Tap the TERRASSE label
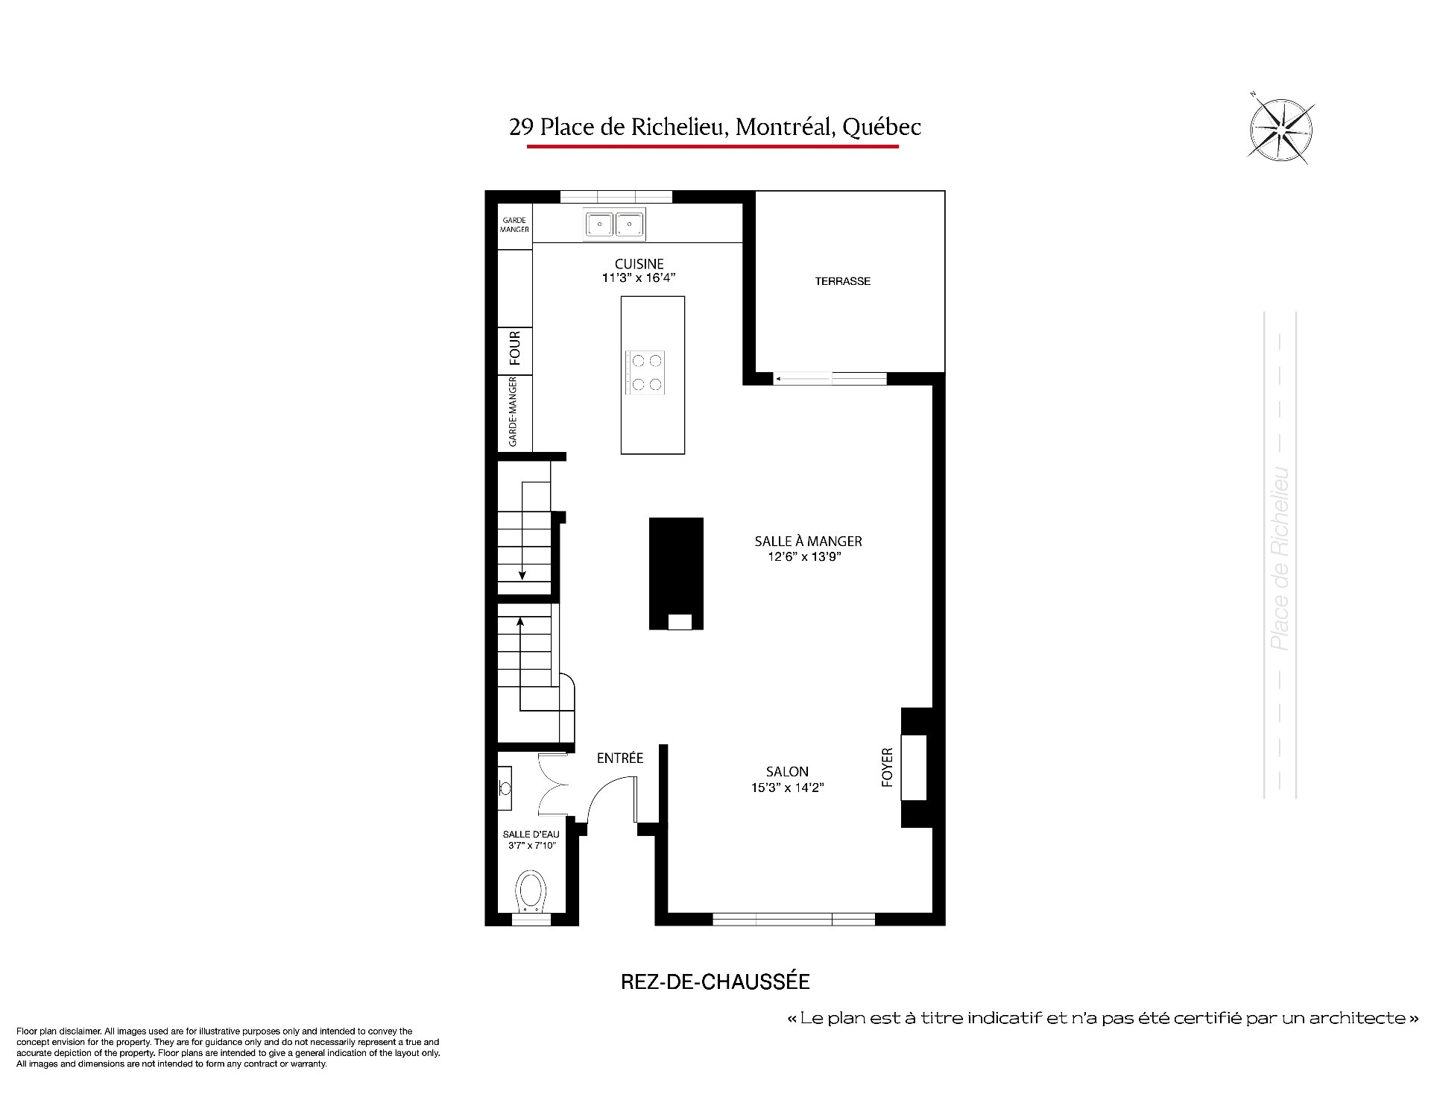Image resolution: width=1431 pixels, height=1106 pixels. [x=842, y=281]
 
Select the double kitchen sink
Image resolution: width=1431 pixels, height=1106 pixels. [x=614, y=224]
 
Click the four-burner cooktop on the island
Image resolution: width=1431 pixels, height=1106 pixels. [x=645, y=372]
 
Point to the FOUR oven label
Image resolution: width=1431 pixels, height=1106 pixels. [x=515, y=348]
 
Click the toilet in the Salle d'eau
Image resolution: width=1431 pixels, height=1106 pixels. [x=531, y=890]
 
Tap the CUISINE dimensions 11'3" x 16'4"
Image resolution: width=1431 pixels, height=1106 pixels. [x=639, y=278]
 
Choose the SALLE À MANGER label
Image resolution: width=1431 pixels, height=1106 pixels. [x=808, y=541]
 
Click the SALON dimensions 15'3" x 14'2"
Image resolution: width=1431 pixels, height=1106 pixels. [x=787, y=787]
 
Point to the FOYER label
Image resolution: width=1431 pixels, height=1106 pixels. [x=887, y=767]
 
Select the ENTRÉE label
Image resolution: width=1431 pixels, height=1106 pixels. [x=619, y=758]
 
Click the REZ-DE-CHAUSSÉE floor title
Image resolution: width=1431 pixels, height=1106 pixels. [x=715, y=982]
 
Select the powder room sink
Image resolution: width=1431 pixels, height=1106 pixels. [x=505, y=788]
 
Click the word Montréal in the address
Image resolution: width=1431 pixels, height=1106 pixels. [x=783, y=128]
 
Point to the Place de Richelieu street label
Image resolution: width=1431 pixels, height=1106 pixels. [x=1280, y=559]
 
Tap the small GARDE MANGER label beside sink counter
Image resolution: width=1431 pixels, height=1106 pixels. [x=514, y=224]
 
